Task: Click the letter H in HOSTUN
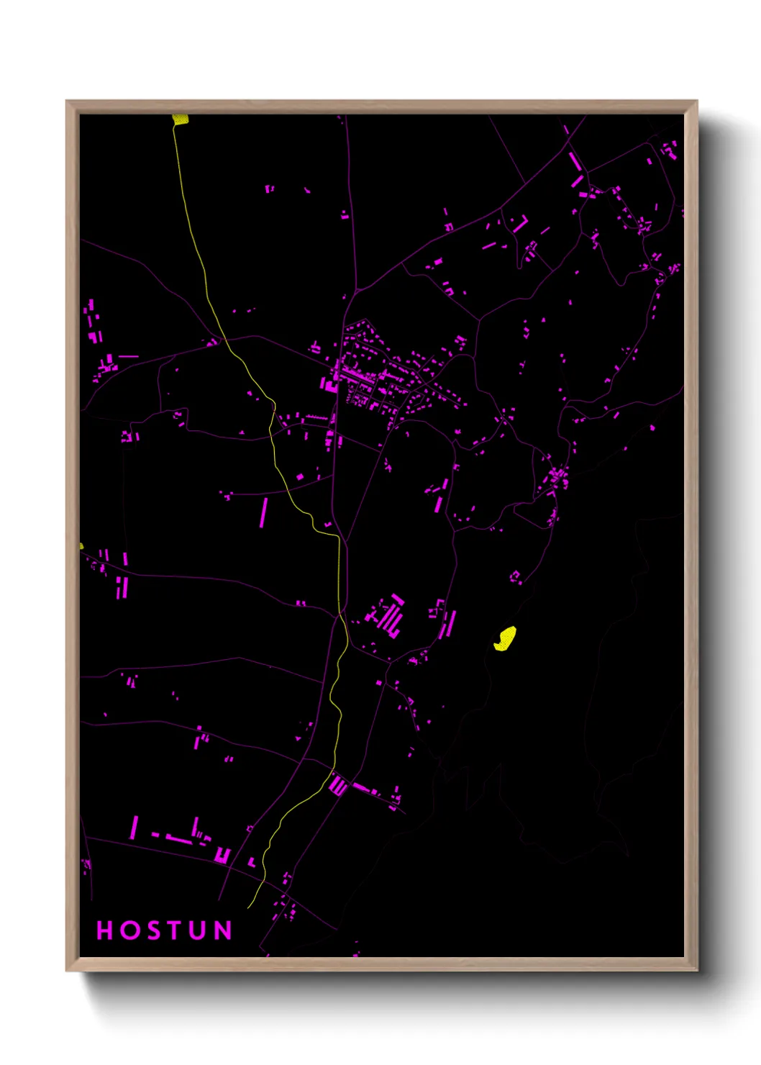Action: pyautogui.click(x=105, y=930)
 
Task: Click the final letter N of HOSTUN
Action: pyautogui.click(x=224, y=930)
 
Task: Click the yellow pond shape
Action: pyautogui.click(x=506, y=638)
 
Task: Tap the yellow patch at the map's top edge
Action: pyautogui.click(x=181, y=119)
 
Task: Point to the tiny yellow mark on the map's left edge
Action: pyautogui.click(x=81, y=545)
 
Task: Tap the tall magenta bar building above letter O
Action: pyautogui.click(x=134, y=828)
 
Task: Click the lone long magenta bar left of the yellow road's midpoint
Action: pyautogui.click(x=263, y=512)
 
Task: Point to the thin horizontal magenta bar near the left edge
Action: pyautogui.click(x=128, y=356)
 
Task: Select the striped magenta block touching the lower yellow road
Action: pyautogui.click(x=338, y=786)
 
